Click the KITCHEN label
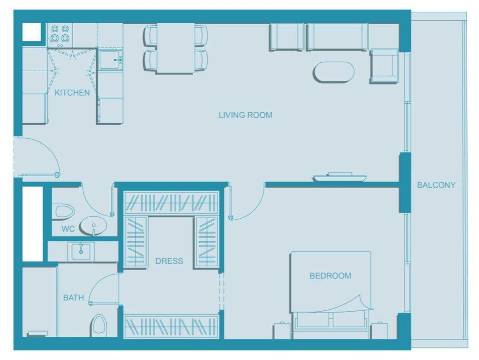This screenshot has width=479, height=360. pos(72,92)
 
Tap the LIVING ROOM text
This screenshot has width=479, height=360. pos(245,115)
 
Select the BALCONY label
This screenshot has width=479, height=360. pos(436,185)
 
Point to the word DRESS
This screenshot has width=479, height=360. pos(169,261)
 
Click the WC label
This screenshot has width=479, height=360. pos(68,229)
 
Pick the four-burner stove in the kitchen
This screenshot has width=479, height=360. pos(60,34)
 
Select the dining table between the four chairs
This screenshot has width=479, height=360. pos(175,48)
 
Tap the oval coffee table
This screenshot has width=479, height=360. pos(334,72)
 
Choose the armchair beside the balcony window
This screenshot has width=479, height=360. pos(384,66)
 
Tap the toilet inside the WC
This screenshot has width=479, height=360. pos(64,211)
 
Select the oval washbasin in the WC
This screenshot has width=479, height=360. pos(93,226)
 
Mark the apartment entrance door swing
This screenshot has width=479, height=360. pos(38,157)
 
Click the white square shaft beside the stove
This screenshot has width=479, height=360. pos(31,32)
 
